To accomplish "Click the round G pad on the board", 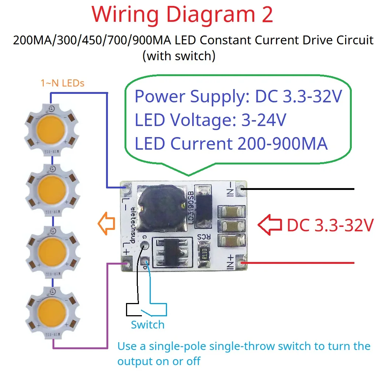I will tap(144, 245).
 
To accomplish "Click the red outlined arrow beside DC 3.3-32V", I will tap(270, 225).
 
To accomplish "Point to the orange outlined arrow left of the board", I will tap(107, 224).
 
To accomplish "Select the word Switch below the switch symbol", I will tap(147, 325).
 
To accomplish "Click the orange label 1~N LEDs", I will tap(62, 83).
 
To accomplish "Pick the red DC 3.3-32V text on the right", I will tap(330, 225).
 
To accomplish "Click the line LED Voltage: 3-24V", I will tap(210, 120).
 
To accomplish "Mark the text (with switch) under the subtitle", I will tap(179, 56).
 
